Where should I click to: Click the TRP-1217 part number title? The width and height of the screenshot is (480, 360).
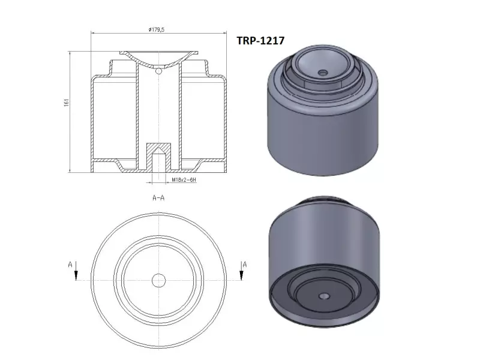pyautogui.click(x=260, y=40)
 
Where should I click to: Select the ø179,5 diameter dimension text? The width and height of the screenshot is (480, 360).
pyautogui.click(x=157, y=29)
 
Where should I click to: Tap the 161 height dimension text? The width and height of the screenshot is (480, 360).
pyautogui.click(x=67, y=102)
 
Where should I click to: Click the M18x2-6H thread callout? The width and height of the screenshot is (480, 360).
pyautogui.click(x=184, y=180)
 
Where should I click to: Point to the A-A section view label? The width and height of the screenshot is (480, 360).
pyautogui.click(x=158, y=198)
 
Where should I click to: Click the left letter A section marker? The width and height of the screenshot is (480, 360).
pyautogui.click(x=70, y=264)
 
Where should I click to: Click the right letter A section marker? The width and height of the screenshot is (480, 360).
pyautogui.click(x=245, y=264)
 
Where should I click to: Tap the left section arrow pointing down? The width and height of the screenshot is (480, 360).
pyautogui.click(x=76, y=271)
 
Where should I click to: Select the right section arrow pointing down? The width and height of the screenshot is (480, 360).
pyautogui.click(x=241, y=271)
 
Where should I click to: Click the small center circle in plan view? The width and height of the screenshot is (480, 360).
pyautogui.click(x=158, y=280)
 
